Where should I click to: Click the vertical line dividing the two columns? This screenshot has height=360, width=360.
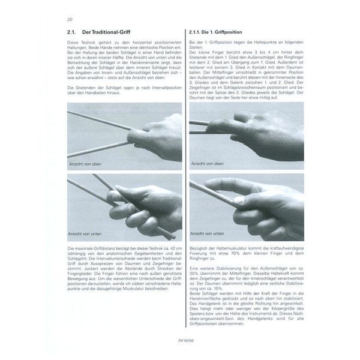185,180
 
